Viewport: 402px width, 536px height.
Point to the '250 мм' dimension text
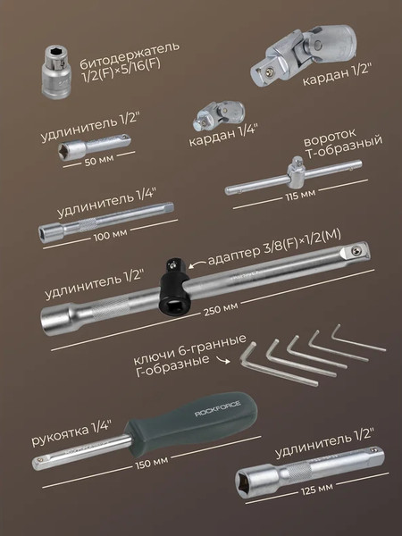click(220, 308)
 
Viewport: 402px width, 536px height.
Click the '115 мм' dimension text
click(299, 194)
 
